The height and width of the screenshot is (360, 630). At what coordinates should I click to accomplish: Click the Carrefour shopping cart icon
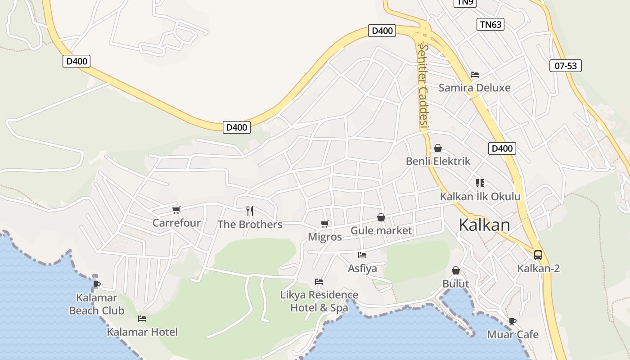tap(176, 210)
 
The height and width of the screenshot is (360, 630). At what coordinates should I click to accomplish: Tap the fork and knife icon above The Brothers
tap(250, 211)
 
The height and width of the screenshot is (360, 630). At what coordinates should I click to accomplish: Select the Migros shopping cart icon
tap(324, 224)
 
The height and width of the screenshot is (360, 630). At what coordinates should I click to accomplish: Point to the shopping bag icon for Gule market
tap(381, 217)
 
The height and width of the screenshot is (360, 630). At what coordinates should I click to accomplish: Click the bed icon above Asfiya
tap(362, 255)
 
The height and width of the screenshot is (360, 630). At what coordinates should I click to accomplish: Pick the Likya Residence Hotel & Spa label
tap(319, 301)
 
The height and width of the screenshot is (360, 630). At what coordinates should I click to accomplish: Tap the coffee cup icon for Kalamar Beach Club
tap(96, 284)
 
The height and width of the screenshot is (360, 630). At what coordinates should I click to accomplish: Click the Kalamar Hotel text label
tap(142, 332)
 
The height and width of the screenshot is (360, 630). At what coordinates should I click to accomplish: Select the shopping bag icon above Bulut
tap(456, 270)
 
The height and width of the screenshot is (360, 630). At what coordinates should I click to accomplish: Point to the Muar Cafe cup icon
tap(512, 321)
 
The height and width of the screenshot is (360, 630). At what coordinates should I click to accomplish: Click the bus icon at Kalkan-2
tap(538, 255)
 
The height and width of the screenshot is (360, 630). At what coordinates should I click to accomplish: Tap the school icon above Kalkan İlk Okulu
tap(480, 183)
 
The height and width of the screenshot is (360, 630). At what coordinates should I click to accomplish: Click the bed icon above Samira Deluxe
tap(475, 75)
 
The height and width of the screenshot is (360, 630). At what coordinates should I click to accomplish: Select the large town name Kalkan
tap(484, 225)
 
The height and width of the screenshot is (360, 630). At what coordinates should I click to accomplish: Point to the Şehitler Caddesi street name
tap(423, 85)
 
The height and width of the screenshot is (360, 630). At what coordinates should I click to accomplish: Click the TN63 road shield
tap(490, 24)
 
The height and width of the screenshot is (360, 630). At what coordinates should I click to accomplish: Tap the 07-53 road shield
tap(566, 66)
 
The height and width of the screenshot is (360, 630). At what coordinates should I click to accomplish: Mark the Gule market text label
tap(381, 231)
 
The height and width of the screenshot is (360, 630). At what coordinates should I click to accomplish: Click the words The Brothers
tap(250, 224)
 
